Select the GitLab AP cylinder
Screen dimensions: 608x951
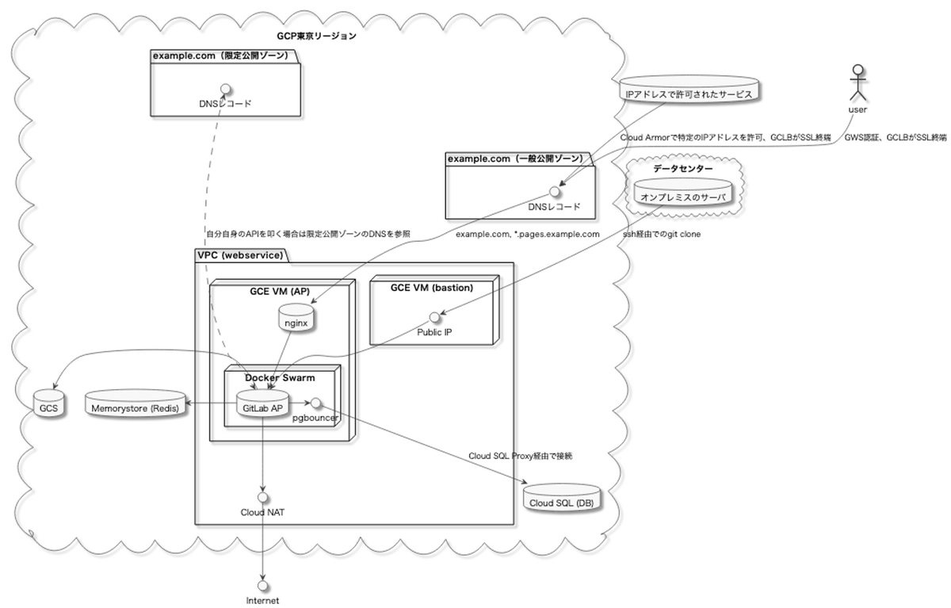(261, 406)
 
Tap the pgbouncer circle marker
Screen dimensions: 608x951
(315, 402)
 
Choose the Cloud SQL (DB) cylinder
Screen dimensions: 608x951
(562, 500)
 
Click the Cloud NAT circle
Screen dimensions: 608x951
(262, 497)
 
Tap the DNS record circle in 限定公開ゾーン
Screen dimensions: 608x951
(225, 87)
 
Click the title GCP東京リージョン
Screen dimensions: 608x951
(316, 36)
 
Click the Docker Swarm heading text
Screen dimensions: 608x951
(280, 377)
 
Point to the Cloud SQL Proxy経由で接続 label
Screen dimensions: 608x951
(520, 457)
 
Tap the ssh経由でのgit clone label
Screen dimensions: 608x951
(661, 235)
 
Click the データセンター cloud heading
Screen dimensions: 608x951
(682, 169)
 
